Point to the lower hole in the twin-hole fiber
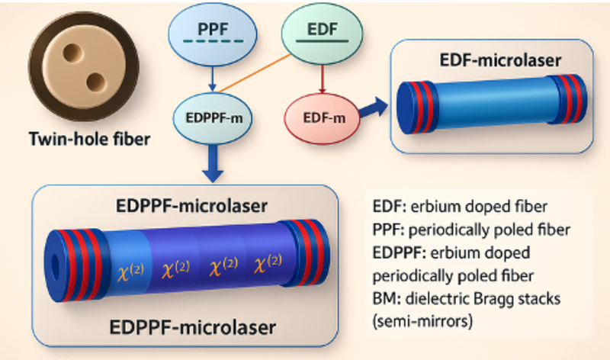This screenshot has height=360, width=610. [93, 80]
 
